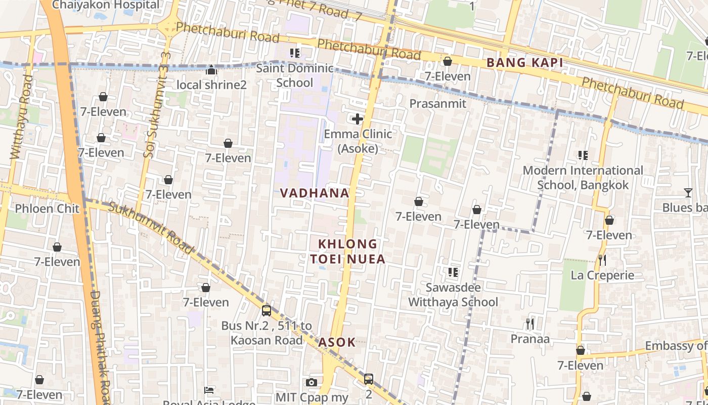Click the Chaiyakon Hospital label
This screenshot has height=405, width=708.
(105, 5)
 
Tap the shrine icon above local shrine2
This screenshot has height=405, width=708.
(211, 70)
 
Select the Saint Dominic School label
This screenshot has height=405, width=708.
(295, 75)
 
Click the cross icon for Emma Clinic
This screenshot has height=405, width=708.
(358, 119)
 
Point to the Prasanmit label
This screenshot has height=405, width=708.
(437, 104)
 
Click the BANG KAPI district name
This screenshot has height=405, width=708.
(524, 63)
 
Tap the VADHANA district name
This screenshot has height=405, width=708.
(315, 193)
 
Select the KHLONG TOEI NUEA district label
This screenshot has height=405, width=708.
(347, 252)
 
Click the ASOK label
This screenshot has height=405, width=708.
(337, 342)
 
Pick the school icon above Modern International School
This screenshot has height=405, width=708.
(583, 155)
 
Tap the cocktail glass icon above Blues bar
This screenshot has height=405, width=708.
(688, 193)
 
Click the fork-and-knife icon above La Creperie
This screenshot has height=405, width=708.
(602, 260)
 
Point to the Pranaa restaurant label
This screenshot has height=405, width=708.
(529, 339)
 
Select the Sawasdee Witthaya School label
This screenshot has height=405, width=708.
(453, 295)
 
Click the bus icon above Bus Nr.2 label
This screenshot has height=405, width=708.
(267, 311)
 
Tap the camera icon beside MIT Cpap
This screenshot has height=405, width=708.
(312, 382)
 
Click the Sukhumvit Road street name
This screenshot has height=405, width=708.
(150, 228)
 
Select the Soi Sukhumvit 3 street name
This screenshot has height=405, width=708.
(157, 105)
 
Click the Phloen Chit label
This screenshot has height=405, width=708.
(47, 209)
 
